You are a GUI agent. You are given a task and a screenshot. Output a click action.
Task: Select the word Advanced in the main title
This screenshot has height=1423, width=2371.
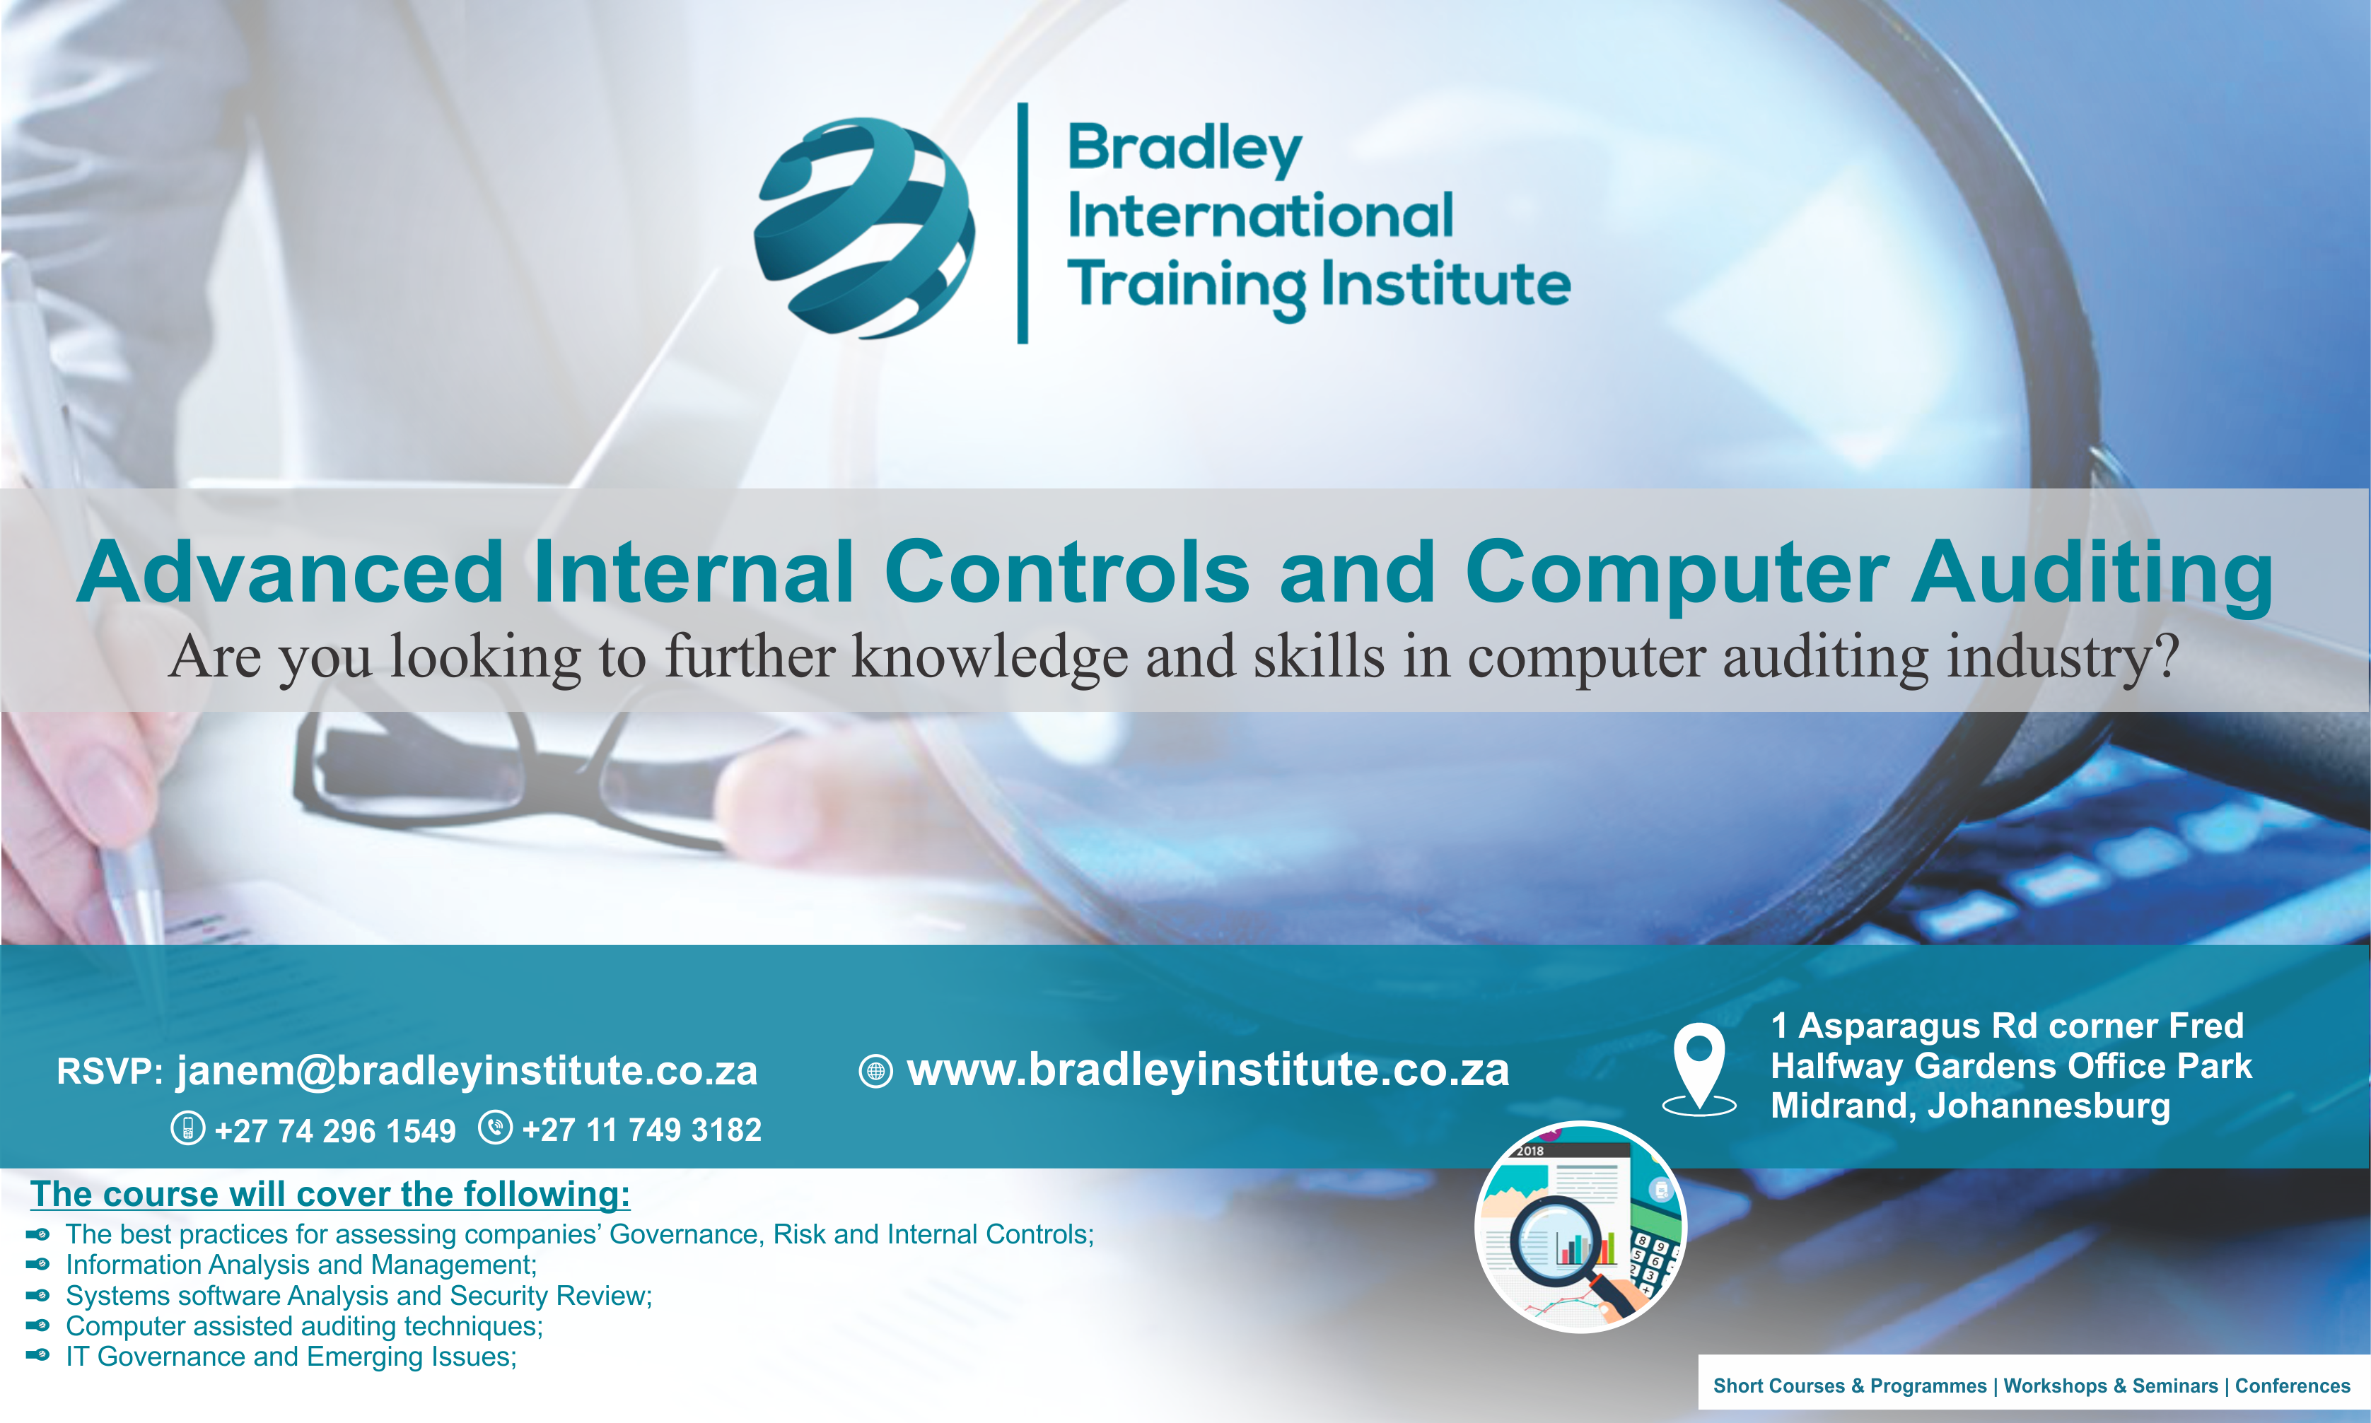click(290, 573)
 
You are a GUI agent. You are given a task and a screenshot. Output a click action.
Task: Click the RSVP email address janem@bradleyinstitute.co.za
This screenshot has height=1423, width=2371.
click(467, 1071)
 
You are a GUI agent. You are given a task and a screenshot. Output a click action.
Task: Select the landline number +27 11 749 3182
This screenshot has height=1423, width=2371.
click(641, 1130)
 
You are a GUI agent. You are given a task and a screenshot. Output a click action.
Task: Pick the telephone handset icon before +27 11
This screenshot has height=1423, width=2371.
click(495, 1128)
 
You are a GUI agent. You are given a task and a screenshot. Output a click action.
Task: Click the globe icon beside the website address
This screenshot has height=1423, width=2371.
click(875, 1071)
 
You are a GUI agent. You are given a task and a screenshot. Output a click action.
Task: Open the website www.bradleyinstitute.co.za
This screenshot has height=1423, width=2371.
click(1208, 1070)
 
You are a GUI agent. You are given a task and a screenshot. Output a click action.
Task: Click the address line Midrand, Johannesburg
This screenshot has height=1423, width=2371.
click(1970, 1106)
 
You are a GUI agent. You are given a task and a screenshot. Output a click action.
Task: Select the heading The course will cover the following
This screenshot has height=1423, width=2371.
click(330, 1194)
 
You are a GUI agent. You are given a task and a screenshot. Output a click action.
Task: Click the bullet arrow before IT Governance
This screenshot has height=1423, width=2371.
click(37, 1356)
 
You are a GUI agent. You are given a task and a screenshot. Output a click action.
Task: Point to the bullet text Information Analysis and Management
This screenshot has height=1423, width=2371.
click(301, 1265)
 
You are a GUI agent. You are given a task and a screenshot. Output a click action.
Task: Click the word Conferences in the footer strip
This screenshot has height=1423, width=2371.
click(2293, 1386)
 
